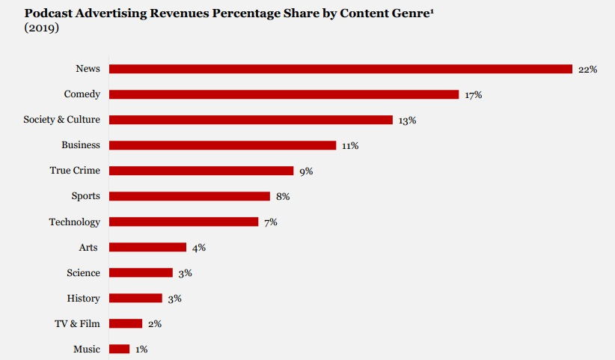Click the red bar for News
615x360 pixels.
pos(340,69)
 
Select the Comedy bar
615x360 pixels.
pos(284,94)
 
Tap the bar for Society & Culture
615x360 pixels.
pos(251,120)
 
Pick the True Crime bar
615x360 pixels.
pos(201,171)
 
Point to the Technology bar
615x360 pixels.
pos(183,222)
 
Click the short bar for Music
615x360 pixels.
pos(119,349)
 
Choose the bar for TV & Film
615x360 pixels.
pos(126,323)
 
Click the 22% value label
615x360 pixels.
pos(587,70)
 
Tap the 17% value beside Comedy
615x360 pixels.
pos(473,95)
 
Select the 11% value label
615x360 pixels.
pos(350,146)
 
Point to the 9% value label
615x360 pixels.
pos(306,171)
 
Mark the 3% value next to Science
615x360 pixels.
pos(185,273)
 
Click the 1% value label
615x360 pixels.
pos(142,350)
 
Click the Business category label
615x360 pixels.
pos(80,145)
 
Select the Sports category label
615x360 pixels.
pos(85,196)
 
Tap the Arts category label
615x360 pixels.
pos(88,247)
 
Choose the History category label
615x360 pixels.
pos(83,298)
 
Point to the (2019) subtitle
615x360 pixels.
pos(42,28)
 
